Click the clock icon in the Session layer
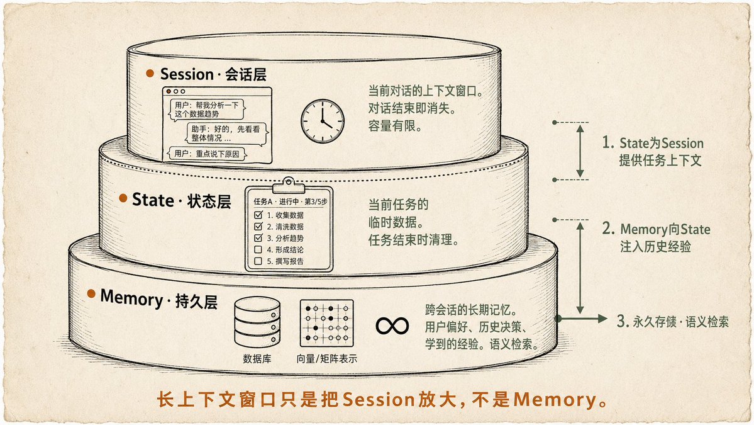point(323,121)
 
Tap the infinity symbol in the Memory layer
point(392,326)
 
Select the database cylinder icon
point(257,322)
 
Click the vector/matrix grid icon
point(326,323)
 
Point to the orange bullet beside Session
point(150,73)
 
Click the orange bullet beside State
point(123,198)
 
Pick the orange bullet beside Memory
point(91,293)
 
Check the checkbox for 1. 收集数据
point(258,215)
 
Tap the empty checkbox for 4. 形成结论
point(258,249)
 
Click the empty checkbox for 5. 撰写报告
point(258,261)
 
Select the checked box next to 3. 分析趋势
point(258,238)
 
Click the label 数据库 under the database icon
point(257,359)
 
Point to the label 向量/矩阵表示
point(326,359)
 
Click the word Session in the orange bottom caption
point(379,399)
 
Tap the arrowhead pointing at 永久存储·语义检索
point(602,318)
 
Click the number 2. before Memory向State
point(608,228)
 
